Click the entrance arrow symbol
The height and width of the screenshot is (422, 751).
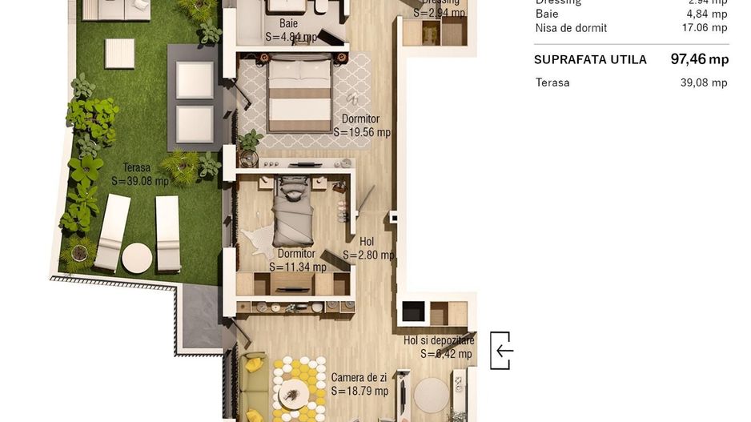[x=502, y=351]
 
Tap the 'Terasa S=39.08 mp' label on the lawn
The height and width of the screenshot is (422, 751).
[x=140, y=175]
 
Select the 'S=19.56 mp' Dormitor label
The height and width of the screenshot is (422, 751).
[x=361, y=127]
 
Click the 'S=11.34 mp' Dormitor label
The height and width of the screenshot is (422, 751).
[x=297, y=261]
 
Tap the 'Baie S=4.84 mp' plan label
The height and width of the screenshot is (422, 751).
[x=291, y=30]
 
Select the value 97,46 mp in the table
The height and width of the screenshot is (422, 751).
[x=699, y=59]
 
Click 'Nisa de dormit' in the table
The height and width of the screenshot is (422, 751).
[x=571, y=28]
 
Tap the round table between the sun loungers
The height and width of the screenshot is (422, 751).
[x=137, y=258]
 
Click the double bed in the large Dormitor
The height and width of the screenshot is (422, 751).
[x=299, y=94]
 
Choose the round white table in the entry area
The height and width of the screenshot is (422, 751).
[x=432, y=395]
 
